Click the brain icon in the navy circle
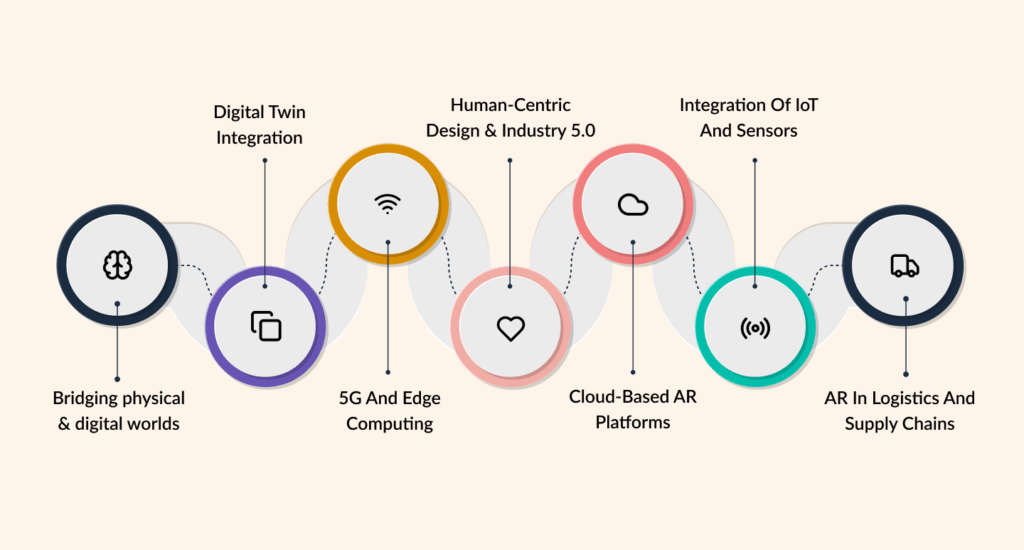118,264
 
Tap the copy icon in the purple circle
266,326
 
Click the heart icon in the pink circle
511,328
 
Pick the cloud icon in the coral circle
632,205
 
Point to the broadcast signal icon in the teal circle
755,328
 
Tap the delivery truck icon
904,265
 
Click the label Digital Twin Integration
259,124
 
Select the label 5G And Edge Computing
389,411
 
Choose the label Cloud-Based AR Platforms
633,409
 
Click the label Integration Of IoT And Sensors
755,117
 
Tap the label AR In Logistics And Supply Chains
899,411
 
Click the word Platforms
633,422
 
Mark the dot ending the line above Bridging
118,379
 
